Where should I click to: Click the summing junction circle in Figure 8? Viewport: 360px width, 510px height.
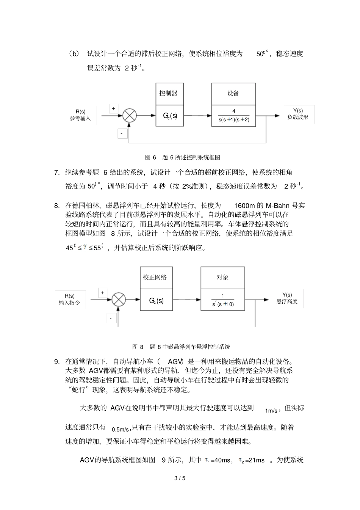click(x=119, y=300)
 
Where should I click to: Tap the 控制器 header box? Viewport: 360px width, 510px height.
click(x=170, y=94)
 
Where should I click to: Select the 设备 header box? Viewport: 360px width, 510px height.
click(x=233, y=94)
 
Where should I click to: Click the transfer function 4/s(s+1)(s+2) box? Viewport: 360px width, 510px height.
click(x=233, y=116)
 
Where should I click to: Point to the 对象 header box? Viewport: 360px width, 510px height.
click(x=222, y=278)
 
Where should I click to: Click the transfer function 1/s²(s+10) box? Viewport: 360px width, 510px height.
click(x=222, y=300)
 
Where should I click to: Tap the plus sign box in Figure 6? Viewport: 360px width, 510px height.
click(x=113, y=108)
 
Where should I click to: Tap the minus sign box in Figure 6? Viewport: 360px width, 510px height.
click(x=122, y=133)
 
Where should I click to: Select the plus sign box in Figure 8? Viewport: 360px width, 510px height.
click(x=103, y=293)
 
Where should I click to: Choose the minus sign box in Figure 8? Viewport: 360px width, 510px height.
click(x=111, y=318)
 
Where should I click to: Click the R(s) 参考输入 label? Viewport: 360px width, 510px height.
click(x=80, y=115)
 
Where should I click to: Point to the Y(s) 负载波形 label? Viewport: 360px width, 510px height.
click(x=298, y=114)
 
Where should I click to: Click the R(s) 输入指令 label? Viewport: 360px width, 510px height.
click(x=69, y=299)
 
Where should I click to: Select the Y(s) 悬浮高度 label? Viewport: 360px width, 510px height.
click(x=287, y=298)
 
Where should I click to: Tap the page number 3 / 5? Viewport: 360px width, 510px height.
click(x=180, y=478)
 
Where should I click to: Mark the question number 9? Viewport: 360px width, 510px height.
click(x=57, y=361)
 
